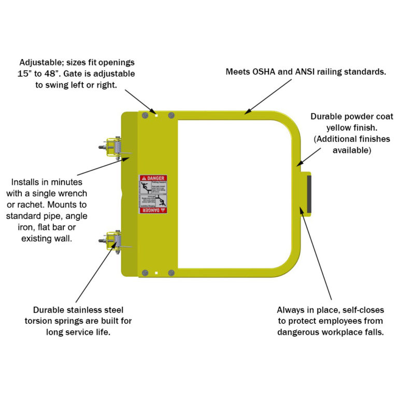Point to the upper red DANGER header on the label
pos(153,178)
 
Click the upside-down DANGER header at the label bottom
pos(153,210)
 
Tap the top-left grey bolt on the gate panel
pos(145,116)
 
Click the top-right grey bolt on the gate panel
pos(172,115)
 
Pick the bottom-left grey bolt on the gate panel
pos(145,273)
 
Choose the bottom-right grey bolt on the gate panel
pos(172,273)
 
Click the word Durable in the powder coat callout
pos(327,116)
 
